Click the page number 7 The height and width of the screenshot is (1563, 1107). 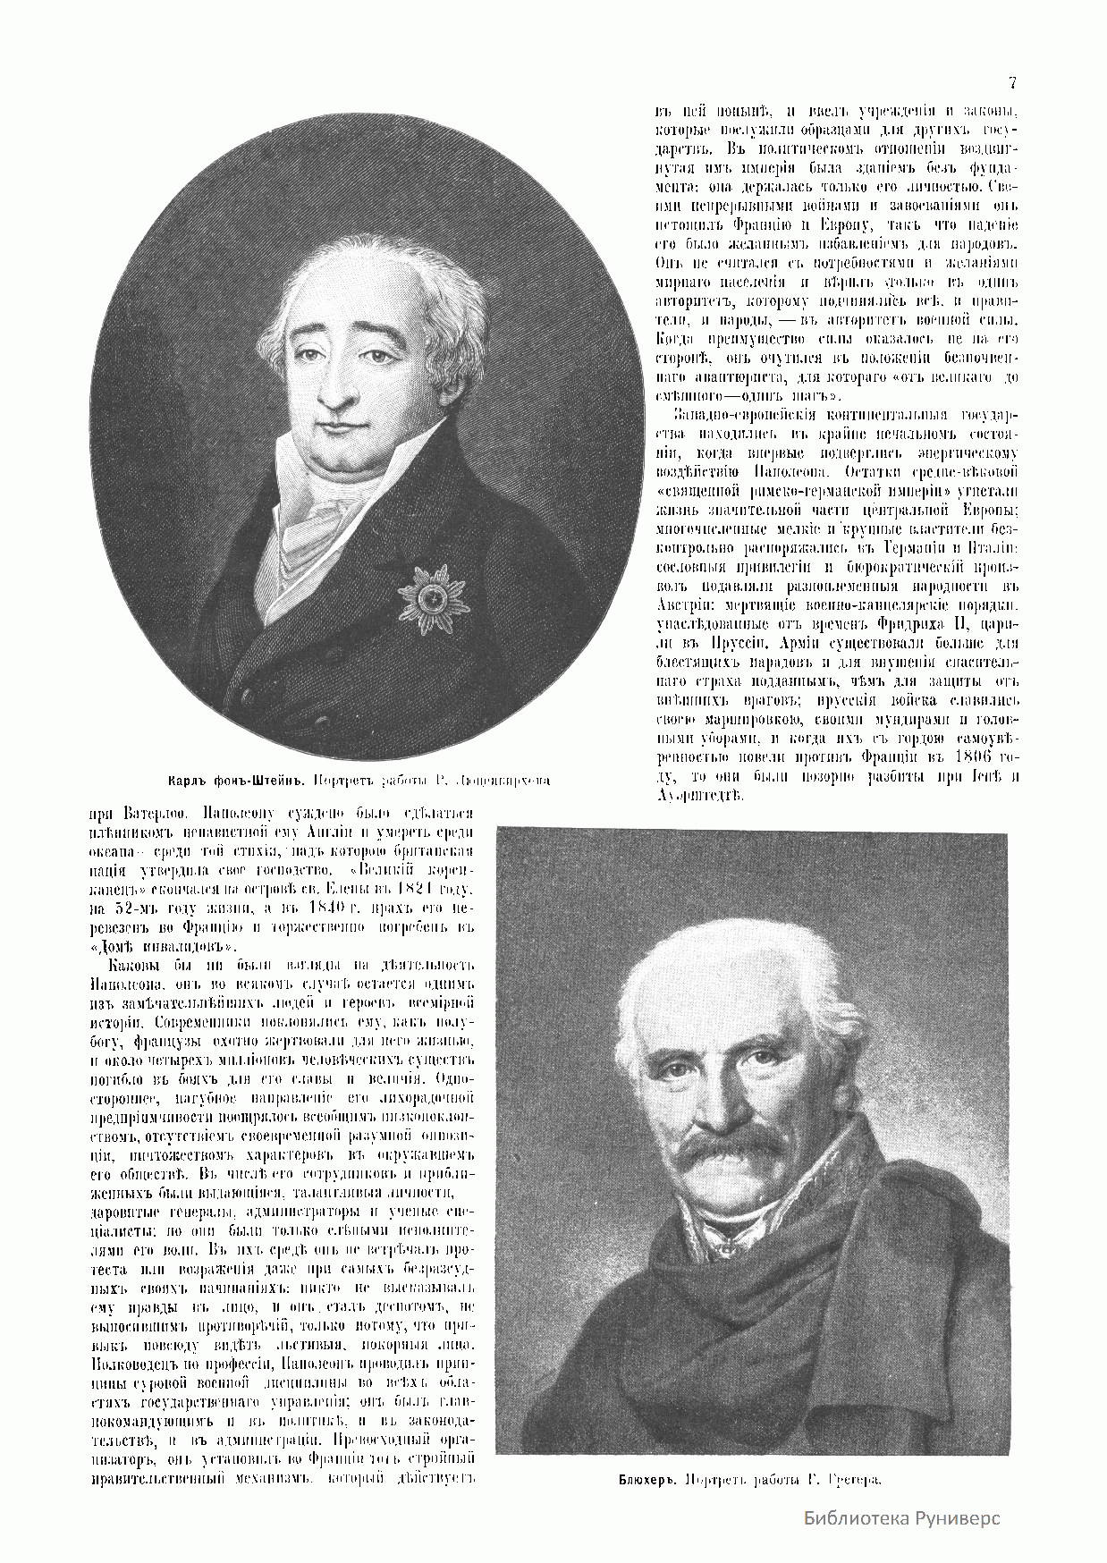click(x=1012, y=84)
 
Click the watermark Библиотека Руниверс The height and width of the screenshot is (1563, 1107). click(x=901, y=1518)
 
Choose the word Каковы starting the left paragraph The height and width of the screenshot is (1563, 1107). click(x=130, y=967)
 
